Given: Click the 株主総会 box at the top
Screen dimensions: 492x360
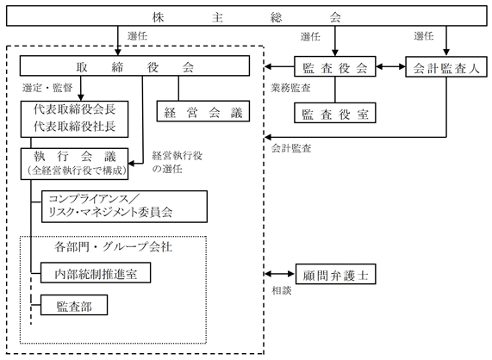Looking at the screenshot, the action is coord(246,16).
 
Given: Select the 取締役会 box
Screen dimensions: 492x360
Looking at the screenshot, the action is coord(134,65).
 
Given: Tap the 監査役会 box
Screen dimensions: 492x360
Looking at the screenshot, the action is coord(335,66).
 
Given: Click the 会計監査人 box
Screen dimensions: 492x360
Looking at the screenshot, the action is coord(446,66).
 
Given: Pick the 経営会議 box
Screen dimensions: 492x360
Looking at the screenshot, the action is coord(203,111).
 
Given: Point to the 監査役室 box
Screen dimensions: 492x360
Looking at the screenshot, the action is coord(335,113).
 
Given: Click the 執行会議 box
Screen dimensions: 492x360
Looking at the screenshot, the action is coord(74,164).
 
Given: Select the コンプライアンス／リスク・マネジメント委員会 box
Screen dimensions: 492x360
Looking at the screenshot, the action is coord(124,207).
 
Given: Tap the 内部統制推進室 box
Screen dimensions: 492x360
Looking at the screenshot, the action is coord(96,273).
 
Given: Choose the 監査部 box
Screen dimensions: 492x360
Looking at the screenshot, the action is coord(74,305).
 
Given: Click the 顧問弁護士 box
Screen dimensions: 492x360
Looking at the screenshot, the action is coord(335,274).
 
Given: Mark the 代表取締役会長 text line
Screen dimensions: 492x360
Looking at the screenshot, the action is coord(75,109).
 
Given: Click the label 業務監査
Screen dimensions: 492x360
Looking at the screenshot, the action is coord(291,88).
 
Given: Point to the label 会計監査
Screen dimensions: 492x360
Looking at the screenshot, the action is coord(291,148).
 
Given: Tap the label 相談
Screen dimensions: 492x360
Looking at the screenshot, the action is coord(282,291).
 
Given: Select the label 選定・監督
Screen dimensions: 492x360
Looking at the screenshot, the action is coord(47,88).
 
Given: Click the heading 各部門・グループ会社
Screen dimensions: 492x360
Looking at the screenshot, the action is coord(113,247).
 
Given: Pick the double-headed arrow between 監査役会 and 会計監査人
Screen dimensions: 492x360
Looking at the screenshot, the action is coord(390,66).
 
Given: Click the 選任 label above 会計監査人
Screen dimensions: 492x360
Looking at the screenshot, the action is coord(424,36).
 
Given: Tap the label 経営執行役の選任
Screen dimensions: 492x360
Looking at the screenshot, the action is coord(177,162).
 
